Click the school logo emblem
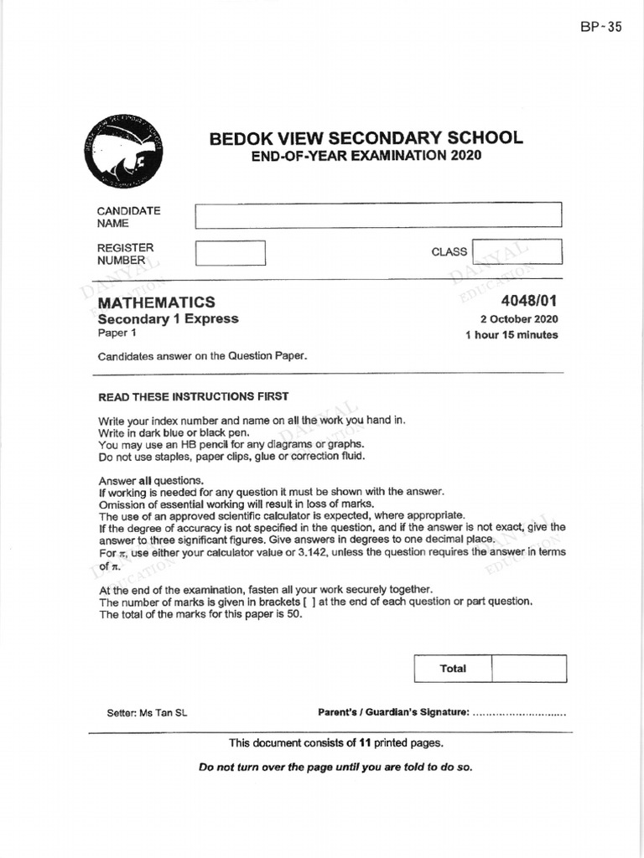coord(123,152)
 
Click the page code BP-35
coord(600,27)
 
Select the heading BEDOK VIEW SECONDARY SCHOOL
coord(366,138)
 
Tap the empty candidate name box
coord(378,214)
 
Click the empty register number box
coord(230,253)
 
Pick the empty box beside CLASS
coord(517,251)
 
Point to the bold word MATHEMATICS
coord(157,302)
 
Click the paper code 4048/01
coord(529,302)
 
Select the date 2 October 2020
coord(519,319)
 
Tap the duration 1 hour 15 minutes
coord(512,335)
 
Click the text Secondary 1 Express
coord(169,318)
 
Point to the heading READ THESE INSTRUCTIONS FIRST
coord(194,396)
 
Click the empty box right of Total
coord(528,669)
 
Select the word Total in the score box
coord(453,669)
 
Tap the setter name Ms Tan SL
coord(169,713)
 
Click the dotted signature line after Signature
coord(519,714)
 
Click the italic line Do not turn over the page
coord(335,767)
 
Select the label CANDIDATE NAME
coord(128,217)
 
